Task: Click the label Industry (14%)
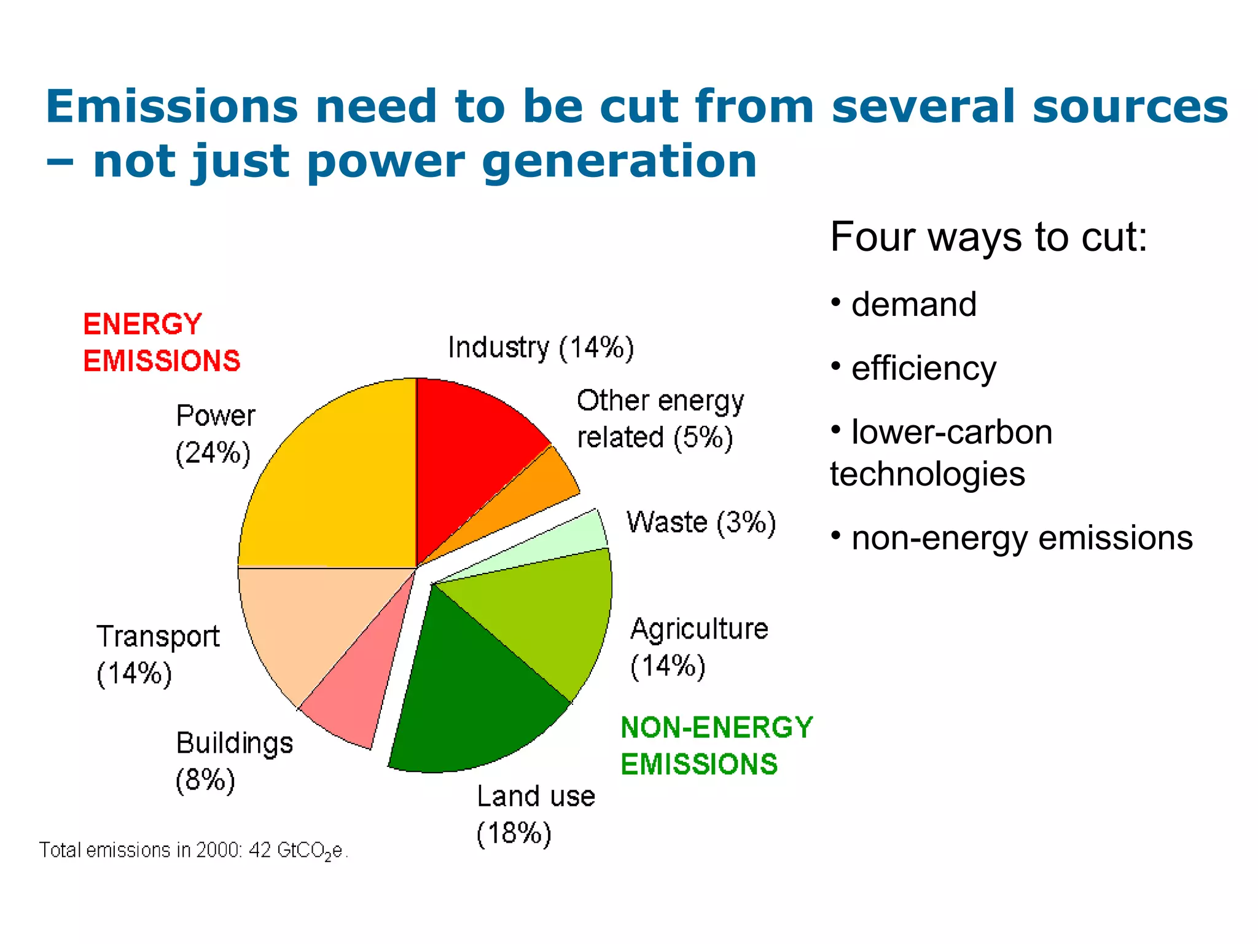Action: (541, 348)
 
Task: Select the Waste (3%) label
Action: (701, 522)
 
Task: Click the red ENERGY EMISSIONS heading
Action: (161, 342)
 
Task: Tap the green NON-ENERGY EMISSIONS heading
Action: (716, 745)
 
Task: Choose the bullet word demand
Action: (913, 305)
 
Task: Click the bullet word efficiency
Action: (923, 369)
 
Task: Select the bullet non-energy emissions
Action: (1022, 538)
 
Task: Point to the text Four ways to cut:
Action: (988, 237)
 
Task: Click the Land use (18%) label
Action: (534, 814)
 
